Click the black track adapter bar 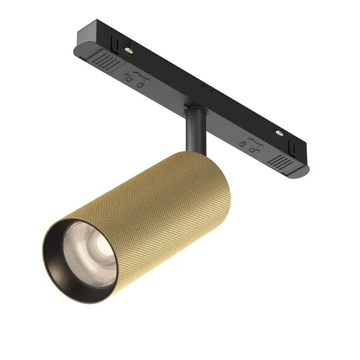202,95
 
